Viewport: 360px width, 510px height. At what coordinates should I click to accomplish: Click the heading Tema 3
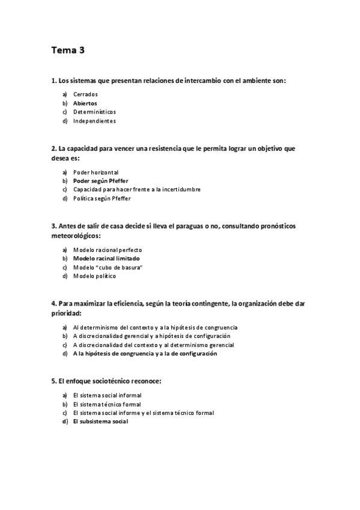click(x=68, y=51)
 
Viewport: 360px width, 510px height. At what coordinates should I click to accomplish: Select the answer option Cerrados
click(x=85, y=94)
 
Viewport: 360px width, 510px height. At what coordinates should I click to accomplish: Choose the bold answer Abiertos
click(x=85, y=103)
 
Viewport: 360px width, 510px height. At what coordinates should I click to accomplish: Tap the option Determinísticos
click(x=94, y=112)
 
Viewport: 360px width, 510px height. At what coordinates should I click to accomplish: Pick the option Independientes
click(x=94, y=120)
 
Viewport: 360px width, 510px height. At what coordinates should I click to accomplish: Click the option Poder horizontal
click(x=96, y=171)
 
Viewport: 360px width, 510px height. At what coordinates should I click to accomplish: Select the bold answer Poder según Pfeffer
click(x=100, y=180)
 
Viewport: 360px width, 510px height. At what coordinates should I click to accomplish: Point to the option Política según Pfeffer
click(x=102, y=198)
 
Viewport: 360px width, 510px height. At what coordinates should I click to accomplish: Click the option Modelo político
click(x=94, y=276)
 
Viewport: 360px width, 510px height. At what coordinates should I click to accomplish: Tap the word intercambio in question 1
click(x=199, y=80)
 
